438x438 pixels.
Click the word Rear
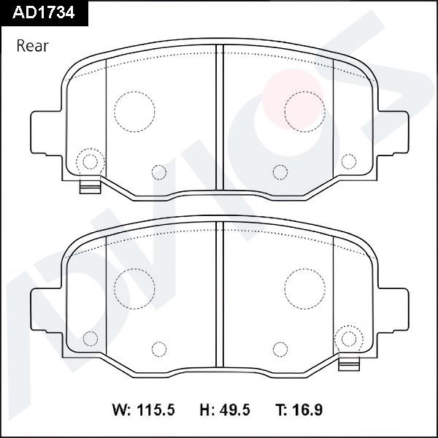(32, 46)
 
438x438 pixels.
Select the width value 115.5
(154, 410)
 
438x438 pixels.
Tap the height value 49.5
(234, 410)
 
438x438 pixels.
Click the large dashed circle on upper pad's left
(134, 111)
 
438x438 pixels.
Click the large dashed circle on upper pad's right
(304, 111)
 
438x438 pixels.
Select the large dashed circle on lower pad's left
(134, 287)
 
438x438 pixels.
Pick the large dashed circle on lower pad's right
(304, 287)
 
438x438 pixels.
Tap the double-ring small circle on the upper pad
(91, 161)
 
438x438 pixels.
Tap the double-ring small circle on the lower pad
(350, 337)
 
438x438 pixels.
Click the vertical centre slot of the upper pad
(219, 124)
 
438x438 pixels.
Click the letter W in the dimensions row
(118, 410)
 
